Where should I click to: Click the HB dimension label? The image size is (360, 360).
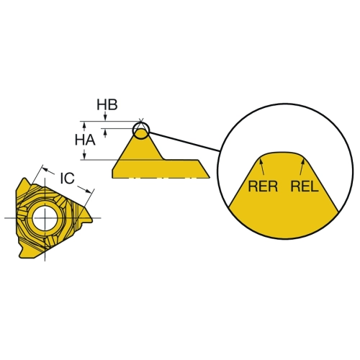coord(107,105)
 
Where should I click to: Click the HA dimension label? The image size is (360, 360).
coord(85,140)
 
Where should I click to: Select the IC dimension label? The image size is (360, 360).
coord(67,179)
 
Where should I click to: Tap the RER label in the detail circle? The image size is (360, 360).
coord(263,186)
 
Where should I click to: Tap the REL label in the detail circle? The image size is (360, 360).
coord(305,186)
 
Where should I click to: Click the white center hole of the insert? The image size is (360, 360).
coord(45,217)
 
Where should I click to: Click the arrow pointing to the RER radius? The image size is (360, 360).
coord(262,166)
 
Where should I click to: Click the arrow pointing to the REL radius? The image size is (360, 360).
coord(302,166)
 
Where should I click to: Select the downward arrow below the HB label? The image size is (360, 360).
coord(105,116)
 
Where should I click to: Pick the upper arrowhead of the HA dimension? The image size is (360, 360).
coord(84,125)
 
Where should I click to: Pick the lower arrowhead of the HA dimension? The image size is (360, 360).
coord(84,156)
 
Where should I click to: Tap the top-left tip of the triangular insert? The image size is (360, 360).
coord(24,179)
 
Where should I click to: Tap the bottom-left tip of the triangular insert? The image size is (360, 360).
coord(20,256)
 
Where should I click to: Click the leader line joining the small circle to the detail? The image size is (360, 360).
coord(184,142)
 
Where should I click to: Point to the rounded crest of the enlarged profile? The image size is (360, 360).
coord(283,153)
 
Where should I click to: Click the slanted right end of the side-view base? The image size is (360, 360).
coord(204,168)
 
